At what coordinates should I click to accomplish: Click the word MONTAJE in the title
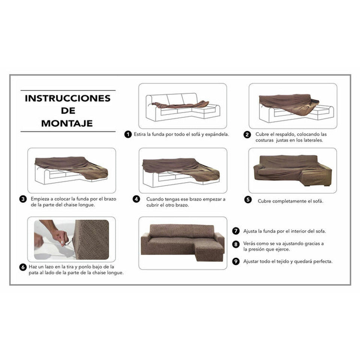tap(67, 123)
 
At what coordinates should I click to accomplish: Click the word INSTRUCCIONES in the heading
tap(67, 99)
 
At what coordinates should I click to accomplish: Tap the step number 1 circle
tap(128, 134)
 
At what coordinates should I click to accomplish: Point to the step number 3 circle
tap(23, 199)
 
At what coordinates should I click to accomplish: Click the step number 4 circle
tap(136, 199)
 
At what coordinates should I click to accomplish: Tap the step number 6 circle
tap(23, 267)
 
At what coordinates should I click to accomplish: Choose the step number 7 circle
tap(236, 231)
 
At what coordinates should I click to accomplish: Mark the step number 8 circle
tap(236, 244)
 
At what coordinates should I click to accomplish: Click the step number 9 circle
tap(236, 261)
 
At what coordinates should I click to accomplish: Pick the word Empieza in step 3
tap(41, 199)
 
